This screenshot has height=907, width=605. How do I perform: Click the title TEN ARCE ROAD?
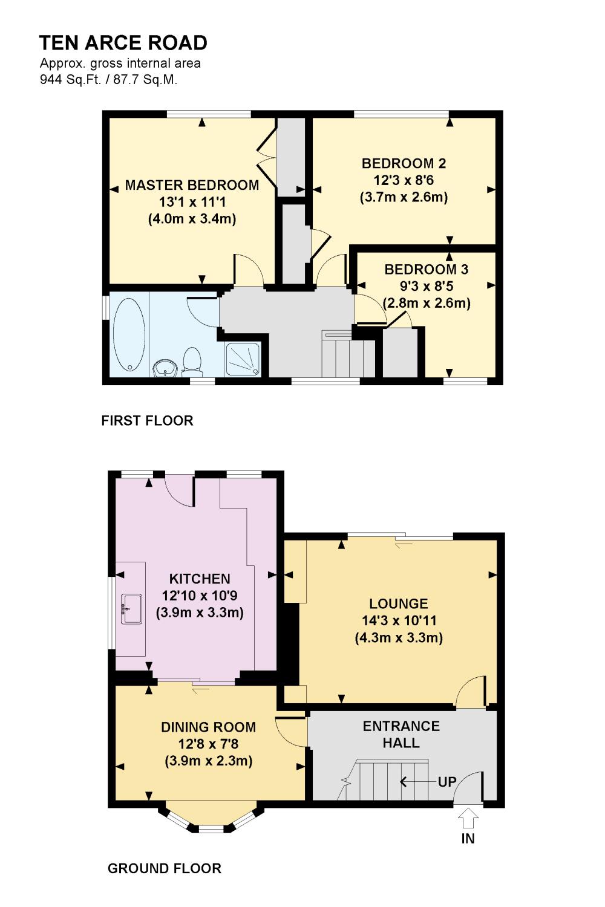pos(123,43)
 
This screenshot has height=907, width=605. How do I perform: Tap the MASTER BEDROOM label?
pos(192,185)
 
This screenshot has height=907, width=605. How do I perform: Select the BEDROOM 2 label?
pos(404,164)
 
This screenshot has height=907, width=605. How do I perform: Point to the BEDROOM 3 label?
pos(427,269)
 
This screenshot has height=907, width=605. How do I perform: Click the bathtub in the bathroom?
pos(129,334)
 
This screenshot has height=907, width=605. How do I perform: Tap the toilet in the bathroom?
pos(192,360)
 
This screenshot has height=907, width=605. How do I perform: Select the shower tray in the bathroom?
pos(243,359)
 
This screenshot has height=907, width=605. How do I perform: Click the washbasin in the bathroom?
pos(165,368)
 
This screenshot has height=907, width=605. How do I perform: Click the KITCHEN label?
pos(200,579)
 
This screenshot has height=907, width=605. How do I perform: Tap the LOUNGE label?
pos(398,603)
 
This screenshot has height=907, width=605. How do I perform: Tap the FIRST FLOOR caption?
pos(147,421)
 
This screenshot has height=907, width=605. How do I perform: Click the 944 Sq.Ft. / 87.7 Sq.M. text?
pos(109,79)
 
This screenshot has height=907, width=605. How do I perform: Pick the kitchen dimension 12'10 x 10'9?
pos(200,596)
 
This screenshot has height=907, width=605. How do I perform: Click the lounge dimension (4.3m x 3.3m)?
pos(399,638)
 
